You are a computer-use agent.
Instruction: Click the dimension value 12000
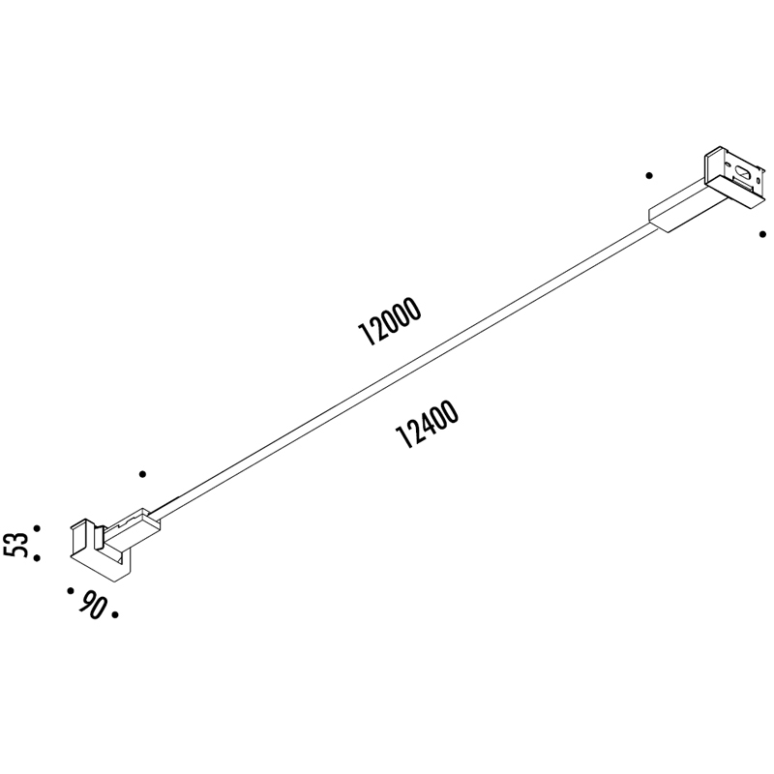point(391,322)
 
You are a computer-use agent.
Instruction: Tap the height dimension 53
point(15,545)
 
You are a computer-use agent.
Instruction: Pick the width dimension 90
point(92,607)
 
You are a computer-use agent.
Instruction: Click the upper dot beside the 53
point(37,528)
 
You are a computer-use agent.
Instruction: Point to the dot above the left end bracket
point(142,474)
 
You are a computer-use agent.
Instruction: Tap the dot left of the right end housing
point(649,175)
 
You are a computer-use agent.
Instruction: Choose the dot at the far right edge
point(762,233)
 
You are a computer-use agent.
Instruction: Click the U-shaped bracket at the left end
point(97,551)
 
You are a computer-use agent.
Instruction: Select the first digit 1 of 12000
point(366,339)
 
